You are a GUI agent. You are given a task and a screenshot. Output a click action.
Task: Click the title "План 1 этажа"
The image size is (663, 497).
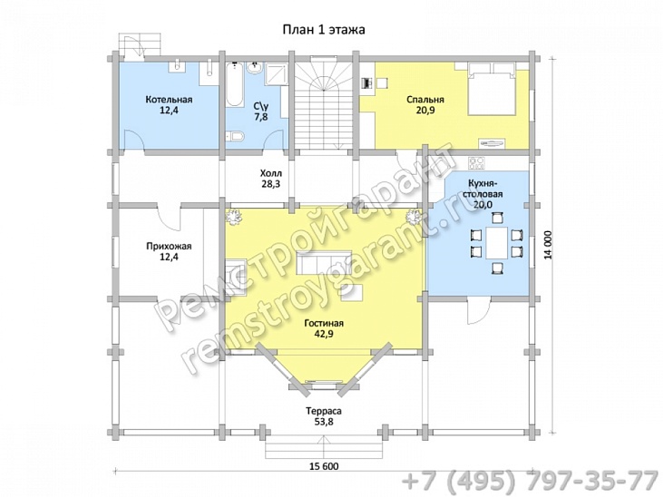[x=324, y=30]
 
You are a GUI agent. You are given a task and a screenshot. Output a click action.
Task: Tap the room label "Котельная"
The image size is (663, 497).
[x=169, y=100]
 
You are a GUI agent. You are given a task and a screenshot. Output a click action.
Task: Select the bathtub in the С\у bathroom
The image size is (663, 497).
[x=235, y=84]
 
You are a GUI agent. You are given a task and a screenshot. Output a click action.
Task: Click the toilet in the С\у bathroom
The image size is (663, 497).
[x=235, y=136]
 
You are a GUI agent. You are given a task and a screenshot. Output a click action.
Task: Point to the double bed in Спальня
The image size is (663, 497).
[x=492, y=88]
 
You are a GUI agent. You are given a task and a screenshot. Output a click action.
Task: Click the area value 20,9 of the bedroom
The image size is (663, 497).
[x=425, y=111]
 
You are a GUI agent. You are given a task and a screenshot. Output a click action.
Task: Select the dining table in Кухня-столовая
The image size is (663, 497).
[x=496, y=243]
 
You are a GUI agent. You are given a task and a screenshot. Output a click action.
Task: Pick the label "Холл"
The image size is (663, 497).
[x=270, y=173]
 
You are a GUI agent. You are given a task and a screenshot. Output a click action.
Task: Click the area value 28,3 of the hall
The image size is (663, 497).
[x=270, y=184]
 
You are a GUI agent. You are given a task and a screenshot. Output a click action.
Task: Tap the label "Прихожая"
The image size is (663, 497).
[x=169, y=246]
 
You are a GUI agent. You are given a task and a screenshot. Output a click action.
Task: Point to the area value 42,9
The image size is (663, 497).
[x=324, y=334]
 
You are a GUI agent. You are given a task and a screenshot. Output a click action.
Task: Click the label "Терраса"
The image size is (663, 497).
[x=324, y=411]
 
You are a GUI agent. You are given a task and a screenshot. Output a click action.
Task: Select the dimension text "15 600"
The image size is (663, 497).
[x=325, y=466]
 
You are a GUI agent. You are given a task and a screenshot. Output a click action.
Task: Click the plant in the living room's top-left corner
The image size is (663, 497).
[x=232, y=217]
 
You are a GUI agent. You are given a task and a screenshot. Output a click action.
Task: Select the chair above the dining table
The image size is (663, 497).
[x=497, y=218]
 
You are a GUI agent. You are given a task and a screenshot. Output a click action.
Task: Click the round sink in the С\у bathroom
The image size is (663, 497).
[x=256, y=69]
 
